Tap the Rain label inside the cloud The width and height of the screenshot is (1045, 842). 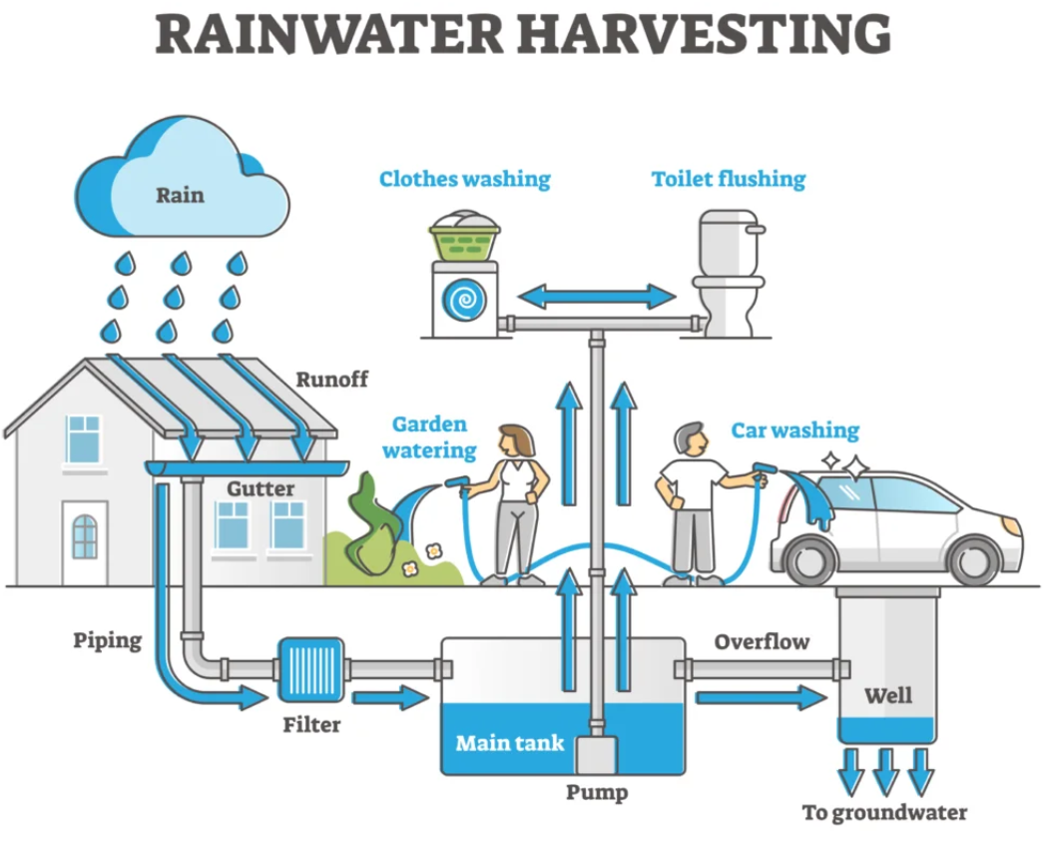point(180,195)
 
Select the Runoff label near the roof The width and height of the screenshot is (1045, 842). point(331,380)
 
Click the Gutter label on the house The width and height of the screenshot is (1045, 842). point(261,488)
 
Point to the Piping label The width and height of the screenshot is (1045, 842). point(107,639)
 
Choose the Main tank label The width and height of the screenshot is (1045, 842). point(509,743)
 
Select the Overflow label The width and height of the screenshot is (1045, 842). point(762,641)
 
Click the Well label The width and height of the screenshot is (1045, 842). point(888,694)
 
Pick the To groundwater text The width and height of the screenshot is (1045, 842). point(884,812)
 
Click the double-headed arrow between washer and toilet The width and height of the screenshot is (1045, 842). point(597,296)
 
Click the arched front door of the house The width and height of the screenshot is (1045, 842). point(85,544)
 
